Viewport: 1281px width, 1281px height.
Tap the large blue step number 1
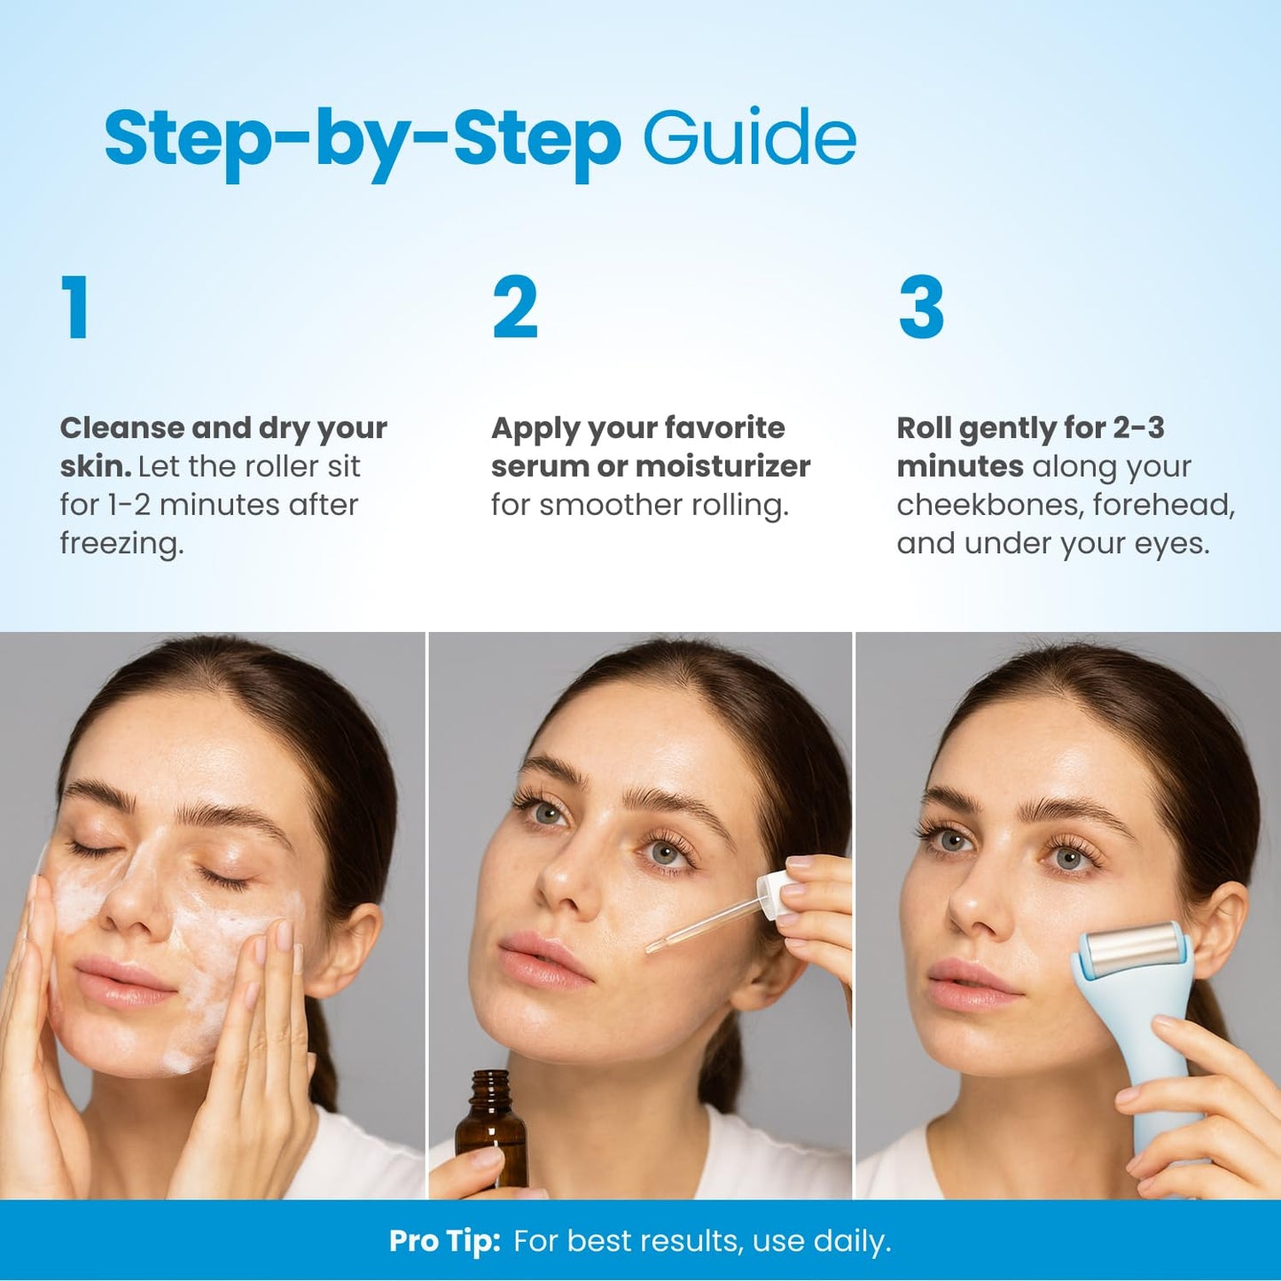75,307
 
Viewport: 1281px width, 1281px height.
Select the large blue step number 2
515,307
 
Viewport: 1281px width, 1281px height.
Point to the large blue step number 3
921,307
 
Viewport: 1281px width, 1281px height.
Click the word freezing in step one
121,543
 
